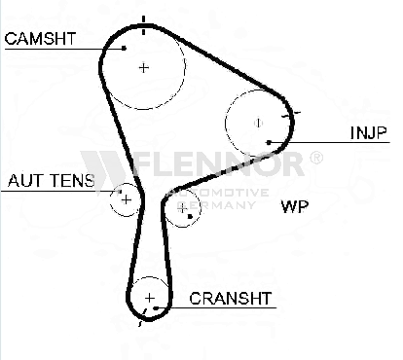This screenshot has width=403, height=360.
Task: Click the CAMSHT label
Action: click(x=40, y=38)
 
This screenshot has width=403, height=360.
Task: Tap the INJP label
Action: click(x=369, y=132)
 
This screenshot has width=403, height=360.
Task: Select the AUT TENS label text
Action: click(x=52, y=181)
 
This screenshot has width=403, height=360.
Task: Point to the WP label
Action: click(x=295, y=206)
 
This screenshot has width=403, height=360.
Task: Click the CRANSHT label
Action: click(x=231, y=299)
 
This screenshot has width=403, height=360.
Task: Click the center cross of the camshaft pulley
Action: click(x=144, y=68)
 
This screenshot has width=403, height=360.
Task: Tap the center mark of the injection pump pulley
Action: click(x=258, y=123)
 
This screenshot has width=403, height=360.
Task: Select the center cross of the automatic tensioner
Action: click(x=126, y=199)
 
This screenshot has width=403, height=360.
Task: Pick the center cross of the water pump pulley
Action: click(x=183, y=208)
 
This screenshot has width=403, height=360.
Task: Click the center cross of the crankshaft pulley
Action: click(x=150, y=298)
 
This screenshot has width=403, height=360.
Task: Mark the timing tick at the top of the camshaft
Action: click(x=144, y=24)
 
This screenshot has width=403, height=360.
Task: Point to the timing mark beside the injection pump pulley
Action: click(x=291, y=114)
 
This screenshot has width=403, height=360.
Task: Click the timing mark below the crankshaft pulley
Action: click(x=142, y=317)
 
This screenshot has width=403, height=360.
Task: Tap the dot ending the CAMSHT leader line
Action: click(x=124, y=48)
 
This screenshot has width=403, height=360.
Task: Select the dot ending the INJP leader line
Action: click(x=269, y=142)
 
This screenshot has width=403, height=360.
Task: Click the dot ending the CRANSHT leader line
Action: click(x=156, y=308)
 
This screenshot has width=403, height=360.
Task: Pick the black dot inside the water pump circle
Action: click(x=190, y=216)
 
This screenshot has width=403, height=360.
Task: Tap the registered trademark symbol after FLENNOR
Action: click(x=316, y=158)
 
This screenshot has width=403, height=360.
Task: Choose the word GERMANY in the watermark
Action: click(x=216, y=205)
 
